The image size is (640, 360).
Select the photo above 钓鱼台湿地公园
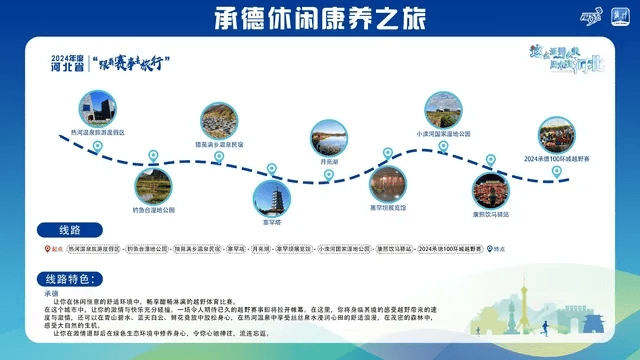click(x=154, y=184)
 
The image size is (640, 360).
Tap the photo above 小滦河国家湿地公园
click(x=443, y=109)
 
